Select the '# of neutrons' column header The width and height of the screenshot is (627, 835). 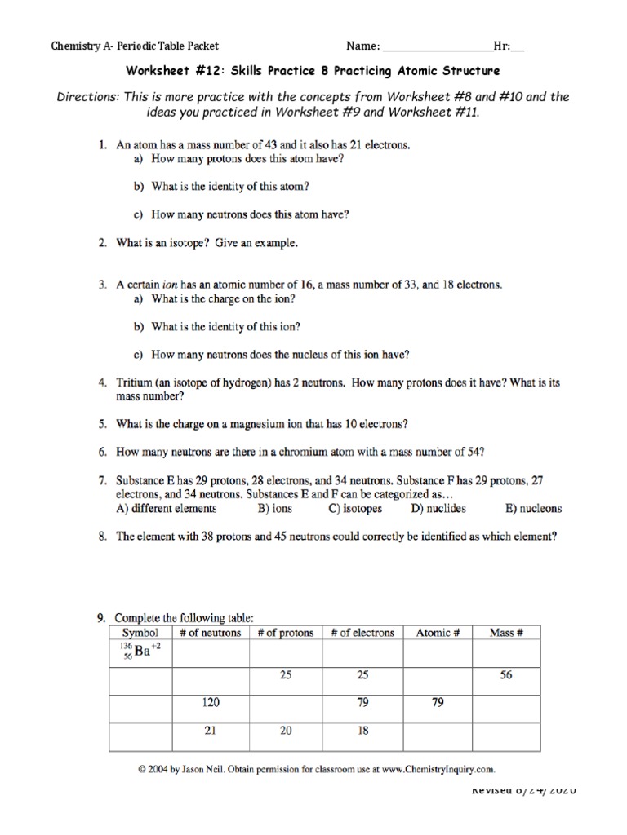point(210,633)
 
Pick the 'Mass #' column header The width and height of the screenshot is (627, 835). point(506,633)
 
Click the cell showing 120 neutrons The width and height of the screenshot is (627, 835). point(210,702)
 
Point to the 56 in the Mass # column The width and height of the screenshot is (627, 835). point(506,674)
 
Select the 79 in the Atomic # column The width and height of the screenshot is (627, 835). point(438,702)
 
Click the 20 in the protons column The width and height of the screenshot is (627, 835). point(286,731)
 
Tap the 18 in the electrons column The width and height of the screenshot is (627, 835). point(362,731)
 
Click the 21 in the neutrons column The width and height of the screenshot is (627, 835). point(210,731)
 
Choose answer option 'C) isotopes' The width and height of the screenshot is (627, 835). point(355,509)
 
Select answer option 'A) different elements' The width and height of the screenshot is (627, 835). point(167,509)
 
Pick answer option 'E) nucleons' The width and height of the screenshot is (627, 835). point(534,509)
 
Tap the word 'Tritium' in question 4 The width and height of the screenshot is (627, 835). point(135,382)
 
